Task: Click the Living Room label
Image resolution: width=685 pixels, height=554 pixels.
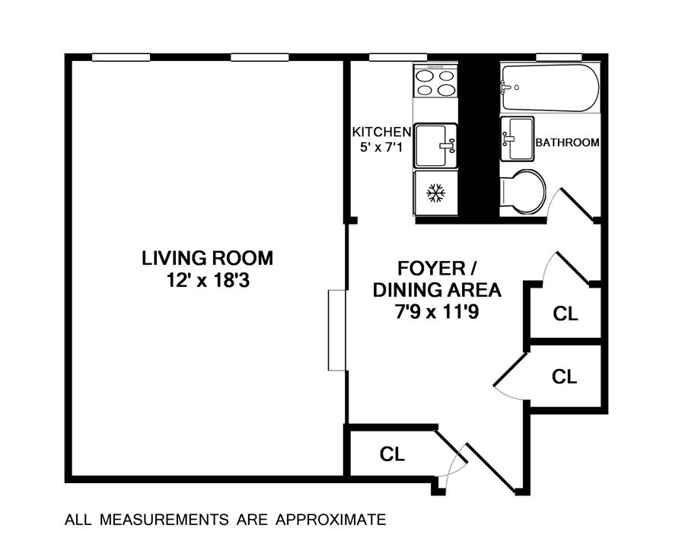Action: click(208, 258)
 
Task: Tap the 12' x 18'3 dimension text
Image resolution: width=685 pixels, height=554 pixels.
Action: click(208, 280)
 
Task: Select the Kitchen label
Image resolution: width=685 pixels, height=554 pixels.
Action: click(382, 132)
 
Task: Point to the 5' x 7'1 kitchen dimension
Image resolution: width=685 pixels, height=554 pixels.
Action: click(381, 147)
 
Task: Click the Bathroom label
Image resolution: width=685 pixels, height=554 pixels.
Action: click(568, 142)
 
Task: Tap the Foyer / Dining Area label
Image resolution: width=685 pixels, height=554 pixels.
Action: click(437, 279)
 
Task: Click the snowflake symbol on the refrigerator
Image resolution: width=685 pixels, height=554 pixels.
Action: click(435, 193)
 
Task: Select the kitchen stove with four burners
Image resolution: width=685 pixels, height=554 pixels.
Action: click(435, 81)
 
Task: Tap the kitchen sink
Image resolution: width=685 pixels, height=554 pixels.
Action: click(435, 145)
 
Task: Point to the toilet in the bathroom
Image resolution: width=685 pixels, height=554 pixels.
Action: click(523, 192)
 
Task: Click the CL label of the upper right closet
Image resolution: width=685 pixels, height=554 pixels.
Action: click(566, 314)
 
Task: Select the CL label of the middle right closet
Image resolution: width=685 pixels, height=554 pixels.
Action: click(565, 376)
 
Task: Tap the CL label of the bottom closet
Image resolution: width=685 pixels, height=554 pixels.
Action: click(392, 454)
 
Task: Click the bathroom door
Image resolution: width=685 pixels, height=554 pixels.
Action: click(576, 205)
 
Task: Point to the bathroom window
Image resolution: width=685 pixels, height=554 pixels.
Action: click(559, 57)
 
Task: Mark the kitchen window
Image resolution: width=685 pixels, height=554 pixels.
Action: click(398, 57)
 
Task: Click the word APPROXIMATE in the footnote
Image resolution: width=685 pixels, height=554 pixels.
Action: click(331, 520)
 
